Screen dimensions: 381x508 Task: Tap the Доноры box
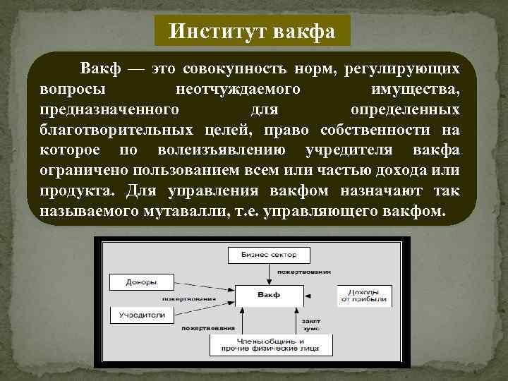pyautogui.click(x=141, y=282)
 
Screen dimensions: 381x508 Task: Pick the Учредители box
pyautogui.click(x=141, y=315)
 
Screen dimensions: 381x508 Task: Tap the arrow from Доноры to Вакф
pyautogui.click(x=205, y=289)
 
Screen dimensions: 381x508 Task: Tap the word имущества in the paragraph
pyautogui.click(x=416, y=90)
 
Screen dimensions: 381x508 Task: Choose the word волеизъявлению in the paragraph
pyautogui.click(x=232, y=150)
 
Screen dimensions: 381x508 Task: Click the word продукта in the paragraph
pyautogui.click(x=78, y=190)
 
